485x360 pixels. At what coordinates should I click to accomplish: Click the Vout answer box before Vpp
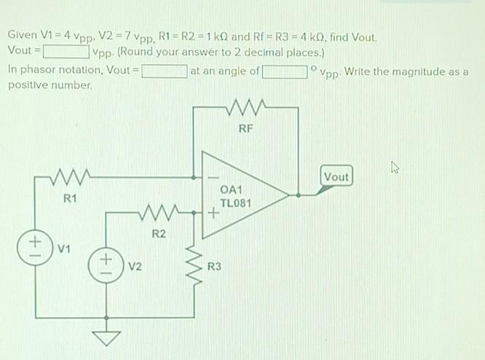coord(66,52)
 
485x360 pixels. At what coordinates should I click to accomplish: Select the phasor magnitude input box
coord(164,71)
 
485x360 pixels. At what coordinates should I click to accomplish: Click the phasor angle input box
coord(285,71)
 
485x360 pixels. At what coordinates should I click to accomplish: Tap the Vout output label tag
coord(336,177)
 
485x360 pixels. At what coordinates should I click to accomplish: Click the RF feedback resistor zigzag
coord(245,109)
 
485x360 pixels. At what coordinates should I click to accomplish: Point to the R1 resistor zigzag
coord(70,177)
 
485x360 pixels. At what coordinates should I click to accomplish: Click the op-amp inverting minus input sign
coord(213,177)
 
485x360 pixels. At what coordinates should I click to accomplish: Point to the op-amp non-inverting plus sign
coord(213,214)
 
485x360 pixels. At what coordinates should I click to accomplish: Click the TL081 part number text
coord(235,203)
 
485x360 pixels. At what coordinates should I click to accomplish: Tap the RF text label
coord(245,130)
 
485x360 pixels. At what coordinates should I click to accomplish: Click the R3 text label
coord(214,267)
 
